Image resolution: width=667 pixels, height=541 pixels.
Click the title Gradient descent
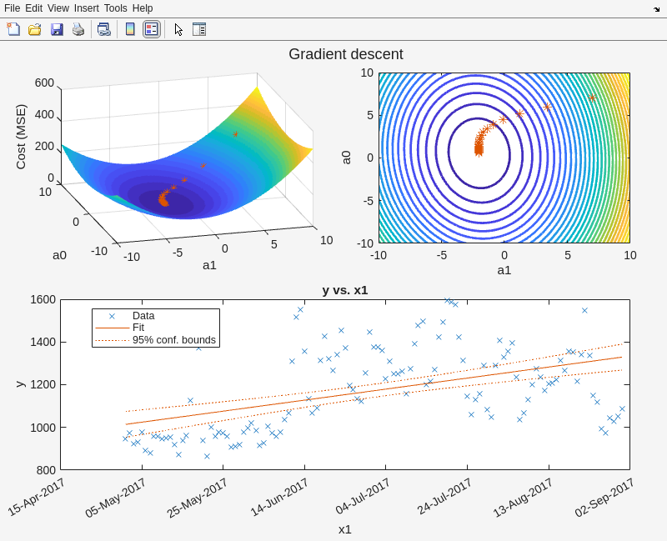click(x=345, y=54)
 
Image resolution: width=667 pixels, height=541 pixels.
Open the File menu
click(x=12, y=8)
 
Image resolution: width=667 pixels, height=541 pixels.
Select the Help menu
click(x=143, y=8)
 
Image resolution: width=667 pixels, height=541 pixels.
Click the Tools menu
click(x=115, y=8)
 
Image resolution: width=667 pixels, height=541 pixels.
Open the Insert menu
click(x=86, y=8)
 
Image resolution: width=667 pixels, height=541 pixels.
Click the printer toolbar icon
click(x=78, y=29)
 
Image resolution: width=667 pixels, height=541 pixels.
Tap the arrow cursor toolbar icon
click(x=178, y=29)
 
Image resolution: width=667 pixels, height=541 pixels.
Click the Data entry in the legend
click(x=143, y=316)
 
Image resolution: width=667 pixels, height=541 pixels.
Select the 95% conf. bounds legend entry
click(x=173, y=340)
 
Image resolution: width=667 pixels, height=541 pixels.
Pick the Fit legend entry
click(x=138, y=328)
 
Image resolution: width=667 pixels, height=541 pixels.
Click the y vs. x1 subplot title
click(x=345, y=290)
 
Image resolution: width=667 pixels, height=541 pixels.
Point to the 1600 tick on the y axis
click(x=42, y=300)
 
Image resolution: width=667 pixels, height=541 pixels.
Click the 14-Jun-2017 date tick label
click(x=279, y=498)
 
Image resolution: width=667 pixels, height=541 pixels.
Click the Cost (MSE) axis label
click(x=21, y=137)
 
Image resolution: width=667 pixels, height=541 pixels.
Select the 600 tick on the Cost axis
click(x=44, y=83)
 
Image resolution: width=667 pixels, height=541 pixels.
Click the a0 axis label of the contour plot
click(x=345, y=157)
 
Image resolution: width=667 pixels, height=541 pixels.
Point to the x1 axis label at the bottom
click(x=344, y=528)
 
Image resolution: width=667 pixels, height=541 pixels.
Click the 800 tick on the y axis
click(x=45, y=470)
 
